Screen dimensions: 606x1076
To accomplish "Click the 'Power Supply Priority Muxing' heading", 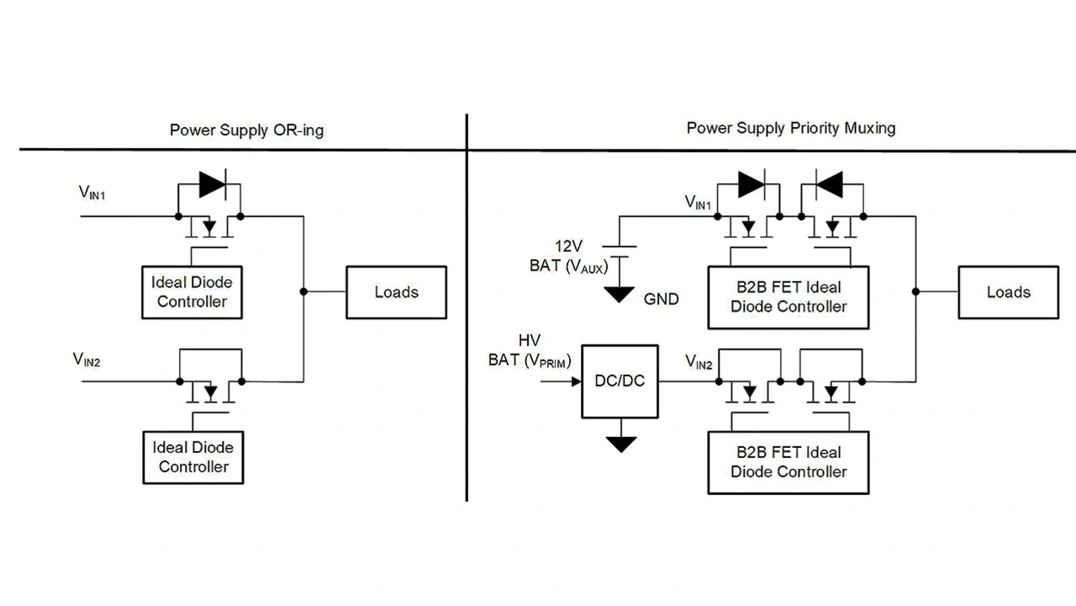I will (790, 128).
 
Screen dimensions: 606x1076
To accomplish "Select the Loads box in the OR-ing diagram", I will (396, 292).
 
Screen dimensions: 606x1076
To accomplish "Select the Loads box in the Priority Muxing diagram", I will (1008, 292).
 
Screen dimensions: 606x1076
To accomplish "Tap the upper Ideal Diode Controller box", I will (192, 292).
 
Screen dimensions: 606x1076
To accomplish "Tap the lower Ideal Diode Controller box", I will (193, 457).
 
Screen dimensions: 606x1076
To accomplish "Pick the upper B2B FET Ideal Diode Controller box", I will (788, 297).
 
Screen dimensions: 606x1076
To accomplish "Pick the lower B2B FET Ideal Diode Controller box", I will (788, 462).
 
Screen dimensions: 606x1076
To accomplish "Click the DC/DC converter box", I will (620, 381).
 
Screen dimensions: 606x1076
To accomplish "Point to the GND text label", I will (661, 298).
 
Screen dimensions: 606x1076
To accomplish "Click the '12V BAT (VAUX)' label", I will (568, 256).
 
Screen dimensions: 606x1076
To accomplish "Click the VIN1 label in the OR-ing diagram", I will (92, 193).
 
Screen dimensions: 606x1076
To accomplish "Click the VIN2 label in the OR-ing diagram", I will (87, 360).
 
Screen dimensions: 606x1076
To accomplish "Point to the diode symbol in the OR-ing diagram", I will (211, 184).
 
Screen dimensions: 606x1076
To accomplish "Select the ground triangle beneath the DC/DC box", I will (620, 444).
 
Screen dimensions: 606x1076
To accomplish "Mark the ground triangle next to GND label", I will (620, 294).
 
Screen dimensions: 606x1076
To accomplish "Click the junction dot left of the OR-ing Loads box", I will (303, 292).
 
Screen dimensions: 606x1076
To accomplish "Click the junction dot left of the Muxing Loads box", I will (914, 292).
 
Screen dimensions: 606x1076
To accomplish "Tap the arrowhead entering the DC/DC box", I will (576, 381).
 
